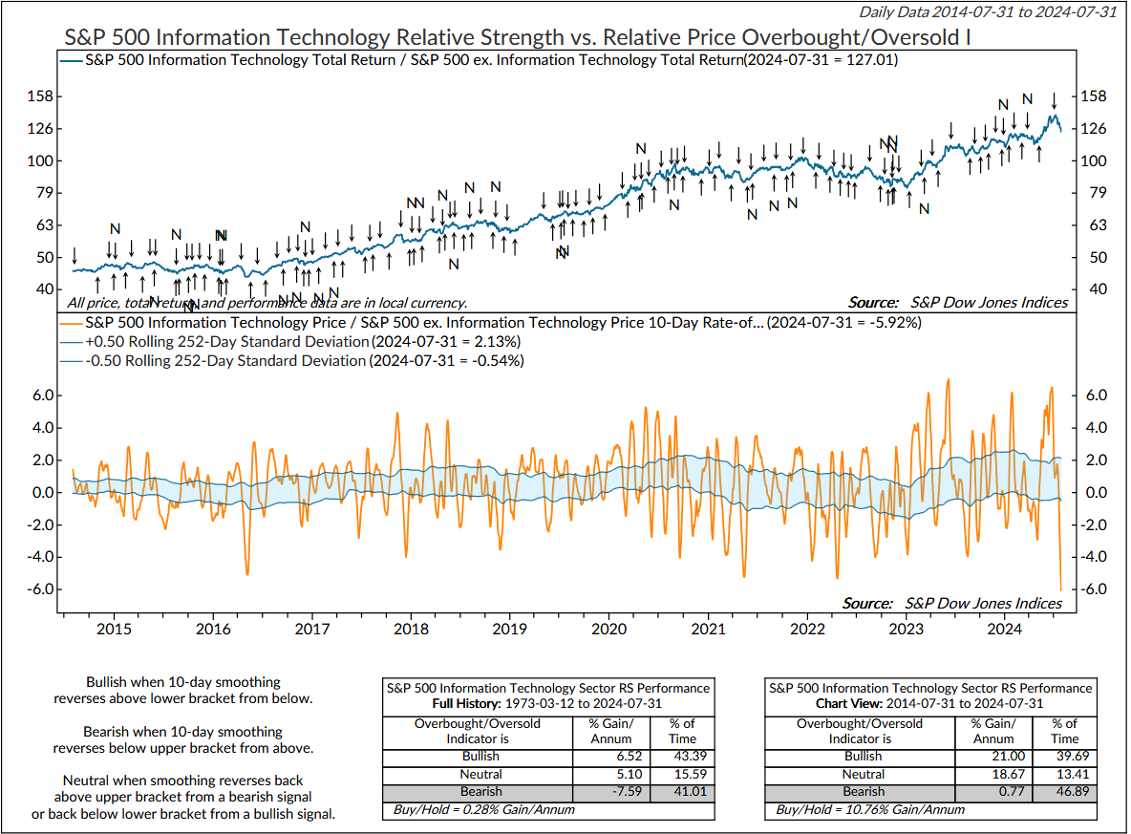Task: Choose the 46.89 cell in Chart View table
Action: tap(1064, 791)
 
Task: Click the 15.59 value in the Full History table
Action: tap(681, 774)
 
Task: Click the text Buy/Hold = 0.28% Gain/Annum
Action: tap(483, 810)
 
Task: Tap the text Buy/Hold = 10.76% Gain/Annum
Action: tap(869, 810)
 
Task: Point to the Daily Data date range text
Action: tap(988, 12)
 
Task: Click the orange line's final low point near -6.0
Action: tap(1061, 588)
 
